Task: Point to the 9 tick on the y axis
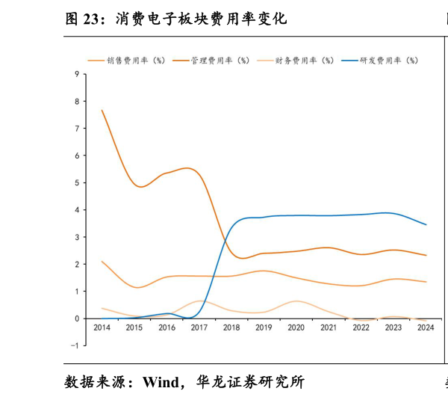[x=78, y=74]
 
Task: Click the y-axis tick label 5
[x=78, y=182]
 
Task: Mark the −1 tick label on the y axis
[x=75, y=345]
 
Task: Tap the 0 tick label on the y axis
[x=78, y=319]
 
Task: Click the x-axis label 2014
[x=102, y=327]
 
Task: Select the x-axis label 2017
[x=199, y=327]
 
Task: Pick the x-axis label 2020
[x=296, y=327]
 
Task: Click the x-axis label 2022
[x=361, y=327]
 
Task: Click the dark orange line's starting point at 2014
[x=102, y=111]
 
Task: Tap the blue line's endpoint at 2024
[x=426, y=224]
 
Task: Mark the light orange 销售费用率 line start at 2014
[x=102, y=262]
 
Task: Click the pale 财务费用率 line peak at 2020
[x=296, y=301]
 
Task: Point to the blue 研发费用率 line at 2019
[x=264, y=218]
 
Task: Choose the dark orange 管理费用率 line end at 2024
[x=426, y=255]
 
